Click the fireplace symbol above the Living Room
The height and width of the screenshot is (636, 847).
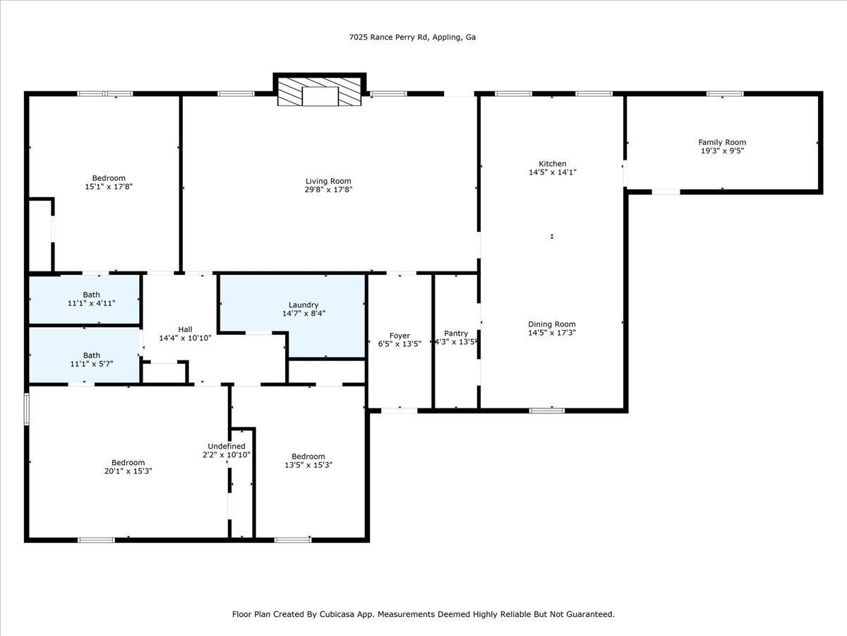pos(320,93)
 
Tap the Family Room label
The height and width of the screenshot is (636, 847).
pos(722,142)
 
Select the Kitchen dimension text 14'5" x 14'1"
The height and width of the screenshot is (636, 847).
pos(553,172)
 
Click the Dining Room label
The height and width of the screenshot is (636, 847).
pos(552,324)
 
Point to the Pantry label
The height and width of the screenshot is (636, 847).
pos(456,334)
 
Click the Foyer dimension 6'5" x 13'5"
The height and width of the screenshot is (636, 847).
pos(400,344)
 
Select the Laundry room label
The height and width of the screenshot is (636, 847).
pos(303,305)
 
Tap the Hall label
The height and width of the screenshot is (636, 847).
pos(185,329)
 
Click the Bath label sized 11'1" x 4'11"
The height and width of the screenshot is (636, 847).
pos(91,295)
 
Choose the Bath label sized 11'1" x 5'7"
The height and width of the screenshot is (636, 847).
pos(91,355)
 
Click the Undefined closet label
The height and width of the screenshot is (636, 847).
pos(227,446)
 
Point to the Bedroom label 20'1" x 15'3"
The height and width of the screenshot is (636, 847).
pos(128,462)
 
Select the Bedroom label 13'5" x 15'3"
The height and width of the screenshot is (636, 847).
pos(308,456)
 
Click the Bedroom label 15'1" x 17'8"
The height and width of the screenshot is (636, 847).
pos(109,178)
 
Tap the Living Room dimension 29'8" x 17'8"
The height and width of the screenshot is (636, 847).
pos(328,189)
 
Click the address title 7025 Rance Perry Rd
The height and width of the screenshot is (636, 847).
pos(412,37)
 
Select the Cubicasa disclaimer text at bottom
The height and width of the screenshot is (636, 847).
pos(423,614)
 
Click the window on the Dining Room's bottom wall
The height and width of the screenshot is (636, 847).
pos(547,410)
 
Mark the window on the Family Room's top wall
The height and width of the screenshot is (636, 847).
pos(725,93)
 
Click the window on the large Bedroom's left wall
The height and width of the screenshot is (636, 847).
pos(27,409)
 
